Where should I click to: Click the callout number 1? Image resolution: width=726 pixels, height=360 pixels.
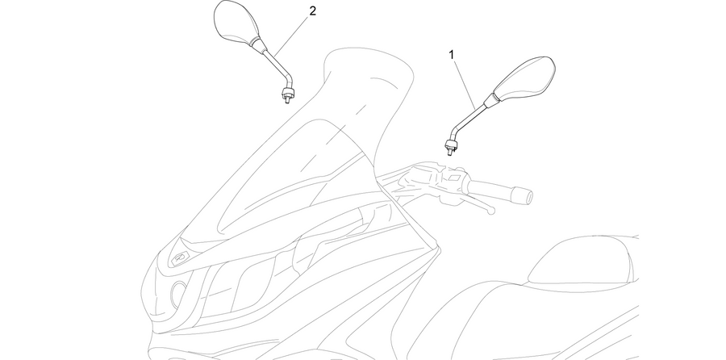coord(452,55)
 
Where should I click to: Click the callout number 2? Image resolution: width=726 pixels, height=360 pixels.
coord(312,11)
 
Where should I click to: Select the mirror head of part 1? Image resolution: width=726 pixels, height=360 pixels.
coord(525,79)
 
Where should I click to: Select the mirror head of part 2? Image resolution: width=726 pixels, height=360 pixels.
coord(236,21)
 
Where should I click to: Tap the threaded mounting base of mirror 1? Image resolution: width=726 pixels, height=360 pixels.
coord(449,148)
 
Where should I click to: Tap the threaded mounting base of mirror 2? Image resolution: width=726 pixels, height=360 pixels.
coord(287,94)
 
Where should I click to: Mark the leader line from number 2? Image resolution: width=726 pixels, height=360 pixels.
coord(291,36)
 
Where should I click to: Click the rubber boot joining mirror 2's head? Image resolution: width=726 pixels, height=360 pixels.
coord(257,44)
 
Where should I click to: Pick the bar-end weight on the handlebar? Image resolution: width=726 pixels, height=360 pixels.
coord(522,195)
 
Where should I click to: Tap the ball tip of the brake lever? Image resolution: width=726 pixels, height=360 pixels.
coord(491,211)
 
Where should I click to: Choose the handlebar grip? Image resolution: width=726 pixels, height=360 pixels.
coord(490,189)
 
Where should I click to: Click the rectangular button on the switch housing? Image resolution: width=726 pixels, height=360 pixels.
coord(453,178)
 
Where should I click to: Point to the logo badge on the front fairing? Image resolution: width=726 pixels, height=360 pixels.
coord(180,258)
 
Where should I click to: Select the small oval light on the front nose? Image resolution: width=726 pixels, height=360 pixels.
coord(177,293)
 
